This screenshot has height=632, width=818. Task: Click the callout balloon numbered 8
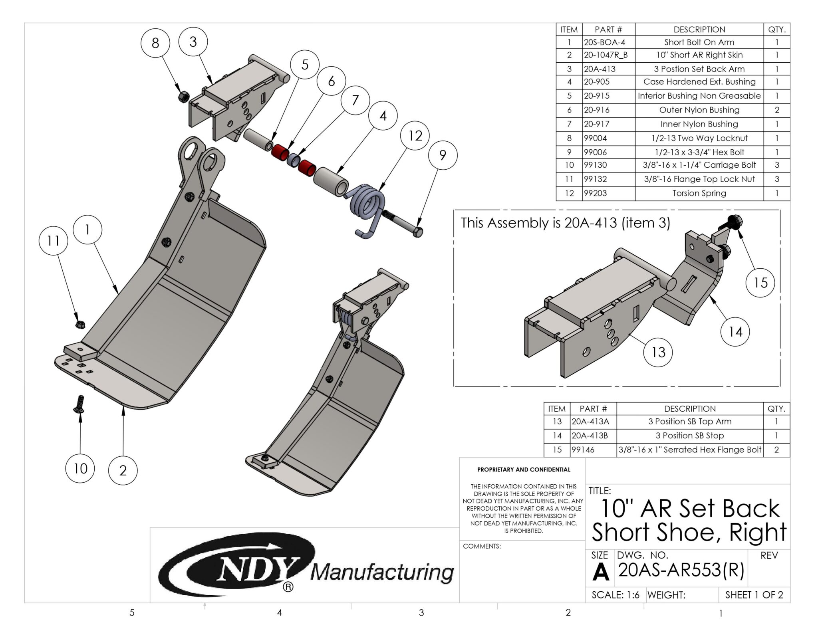pyautogui.click(x=155, y=43)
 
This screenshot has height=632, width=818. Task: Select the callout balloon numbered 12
pyautogui.click(x=415, y=136)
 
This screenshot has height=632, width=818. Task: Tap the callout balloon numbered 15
pyautogui.click(x=760, y=283)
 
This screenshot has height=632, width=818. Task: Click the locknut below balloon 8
pyautogui.click(x=184, y=96)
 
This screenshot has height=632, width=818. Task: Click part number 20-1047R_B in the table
pyautogui.click(x=606, y=55)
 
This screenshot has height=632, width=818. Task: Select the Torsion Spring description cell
pyautogui.click(x=699, y=193)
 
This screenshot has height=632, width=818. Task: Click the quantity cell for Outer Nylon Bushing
pyautogui.click(x=776, y=110)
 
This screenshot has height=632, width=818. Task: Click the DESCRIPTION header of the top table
pyautogui.click(x=699, y=30)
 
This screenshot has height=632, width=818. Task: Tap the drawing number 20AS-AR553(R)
pyautogui.click(x=681, y=570)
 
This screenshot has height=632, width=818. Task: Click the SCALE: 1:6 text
pyautogui.click(x=615, y=595)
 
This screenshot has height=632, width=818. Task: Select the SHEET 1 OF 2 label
pyautogui.click(x=754, y=595)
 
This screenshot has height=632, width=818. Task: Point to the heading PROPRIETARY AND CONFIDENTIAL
pyautogui.click(x=524, y=470)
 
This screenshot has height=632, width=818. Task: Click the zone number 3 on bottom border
pyautogui.click(x=421, y=613)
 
